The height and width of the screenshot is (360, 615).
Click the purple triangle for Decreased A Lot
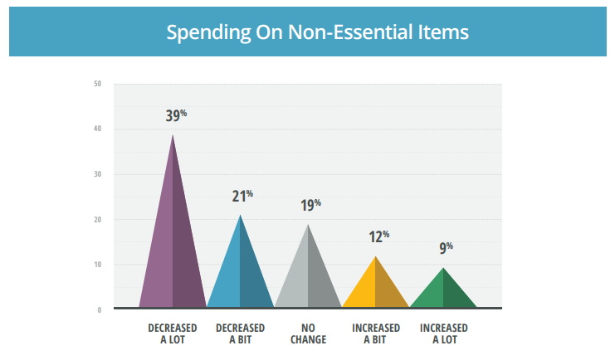click(x=173, y=249)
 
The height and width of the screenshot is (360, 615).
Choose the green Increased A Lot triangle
click(x=443, y=292)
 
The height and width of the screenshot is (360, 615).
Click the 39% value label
click(x=176, y=115)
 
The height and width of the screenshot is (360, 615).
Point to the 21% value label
click(x=242, y=197)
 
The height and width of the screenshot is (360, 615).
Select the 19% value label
click(x=310, y=206)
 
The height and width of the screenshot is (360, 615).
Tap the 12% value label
click(x=378, y=236)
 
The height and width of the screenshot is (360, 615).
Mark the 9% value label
click(x=445, y=248)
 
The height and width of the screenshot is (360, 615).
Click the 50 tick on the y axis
click(x=98, y=84)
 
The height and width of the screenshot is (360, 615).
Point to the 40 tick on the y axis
click(x=98, y=129)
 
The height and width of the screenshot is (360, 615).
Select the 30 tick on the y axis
click(x=98, y=174)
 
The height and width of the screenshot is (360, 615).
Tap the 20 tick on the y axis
click(x=98, y=220)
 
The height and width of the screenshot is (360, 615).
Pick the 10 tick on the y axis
click(x=98, y=265)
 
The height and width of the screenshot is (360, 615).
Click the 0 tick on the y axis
click(x=100, y=310)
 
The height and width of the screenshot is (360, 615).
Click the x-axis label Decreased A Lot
click(x=172, y=333)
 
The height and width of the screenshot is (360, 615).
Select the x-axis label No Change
click(x=308, y=333)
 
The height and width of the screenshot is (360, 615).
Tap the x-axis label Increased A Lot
click(x=443, y=333)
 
